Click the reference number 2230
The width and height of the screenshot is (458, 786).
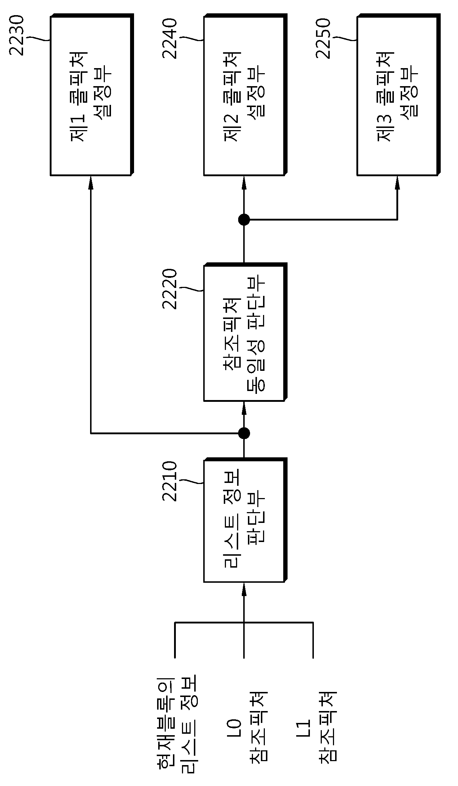(x=17, y=35)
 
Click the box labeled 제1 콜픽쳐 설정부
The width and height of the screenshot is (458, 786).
(x=92, y=95)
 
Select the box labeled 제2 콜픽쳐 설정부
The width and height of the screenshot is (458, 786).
(x=245, y=95)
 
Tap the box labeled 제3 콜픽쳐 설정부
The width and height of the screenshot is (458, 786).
(x=399, y=95)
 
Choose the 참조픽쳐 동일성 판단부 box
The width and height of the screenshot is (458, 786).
(x=245, y=332)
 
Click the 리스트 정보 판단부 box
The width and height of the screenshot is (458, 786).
(x=245, y=520)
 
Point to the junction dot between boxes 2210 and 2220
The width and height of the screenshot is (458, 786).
(x=244, y=433)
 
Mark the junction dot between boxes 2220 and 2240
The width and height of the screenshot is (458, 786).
(x=244, y=219)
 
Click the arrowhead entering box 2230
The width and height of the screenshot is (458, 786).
(x=90, y=182)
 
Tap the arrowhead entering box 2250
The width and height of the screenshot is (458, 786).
(x=397, y=182)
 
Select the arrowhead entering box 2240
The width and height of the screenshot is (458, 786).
(x=244, y=182)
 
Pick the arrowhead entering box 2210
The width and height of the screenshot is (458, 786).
(x=244, y=589)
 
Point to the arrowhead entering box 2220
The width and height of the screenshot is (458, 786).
(x=244, y=408)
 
